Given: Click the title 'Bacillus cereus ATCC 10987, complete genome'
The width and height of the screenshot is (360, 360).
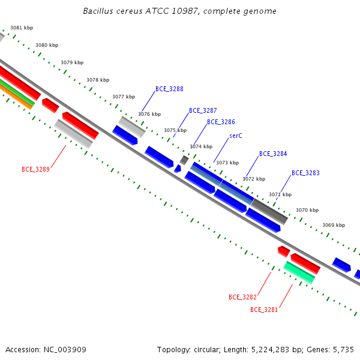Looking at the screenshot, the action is point(179,11).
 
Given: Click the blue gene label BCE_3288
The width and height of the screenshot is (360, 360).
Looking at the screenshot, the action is point(169,89).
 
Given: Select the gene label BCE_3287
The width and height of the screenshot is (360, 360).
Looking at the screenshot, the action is point(203,110).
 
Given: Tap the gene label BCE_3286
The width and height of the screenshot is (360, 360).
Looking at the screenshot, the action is point(221,122).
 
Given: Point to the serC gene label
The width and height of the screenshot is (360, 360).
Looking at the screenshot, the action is point(236,136).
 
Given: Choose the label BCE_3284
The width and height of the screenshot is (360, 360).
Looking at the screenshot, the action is point(273,154).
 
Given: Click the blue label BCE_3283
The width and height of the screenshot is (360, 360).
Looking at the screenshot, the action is point(305,173).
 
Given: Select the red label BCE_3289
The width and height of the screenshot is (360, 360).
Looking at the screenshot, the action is point(35,169).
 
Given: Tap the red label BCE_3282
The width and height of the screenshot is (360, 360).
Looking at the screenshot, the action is point(242,297).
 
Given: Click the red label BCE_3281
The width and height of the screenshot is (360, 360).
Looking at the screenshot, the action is point(264,310).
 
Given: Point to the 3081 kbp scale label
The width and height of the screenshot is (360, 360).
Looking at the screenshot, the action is point(22,28).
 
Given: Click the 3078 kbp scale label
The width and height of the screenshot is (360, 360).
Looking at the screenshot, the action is point(98,80).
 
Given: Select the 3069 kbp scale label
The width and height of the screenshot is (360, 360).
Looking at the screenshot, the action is point(334,225).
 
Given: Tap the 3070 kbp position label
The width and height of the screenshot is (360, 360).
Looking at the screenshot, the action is point(307,210).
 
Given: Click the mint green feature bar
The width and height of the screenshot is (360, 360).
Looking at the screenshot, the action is point(299,272).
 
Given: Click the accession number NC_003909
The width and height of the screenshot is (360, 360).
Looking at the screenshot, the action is point(65,350).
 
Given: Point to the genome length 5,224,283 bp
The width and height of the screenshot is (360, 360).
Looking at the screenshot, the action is point(277,350).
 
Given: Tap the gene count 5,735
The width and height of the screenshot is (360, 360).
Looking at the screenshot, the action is point(343,350).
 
